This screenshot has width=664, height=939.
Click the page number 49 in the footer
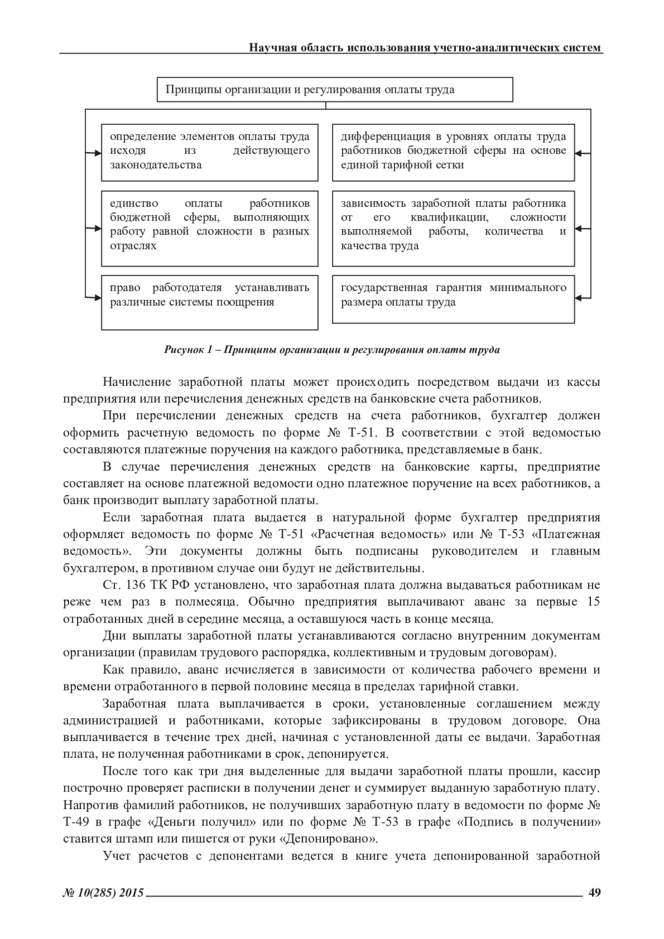click(595, 893)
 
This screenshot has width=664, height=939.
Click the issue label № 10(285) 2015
click(103, 893)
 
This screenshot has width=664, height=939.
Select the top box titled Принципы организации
click(335, 90)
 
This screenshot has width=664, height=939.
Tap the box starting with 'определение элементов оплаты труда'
click(210, 152)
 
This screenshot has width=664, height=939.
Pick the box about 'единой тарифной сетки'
click(453, 152)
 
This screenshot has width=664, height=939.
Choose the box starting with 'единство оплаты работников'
click(210, 228)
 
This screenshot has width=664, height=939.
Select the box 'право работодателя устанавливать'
click(210, 302)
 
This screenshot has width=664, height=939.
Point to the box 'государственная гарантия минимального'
click(453, 299)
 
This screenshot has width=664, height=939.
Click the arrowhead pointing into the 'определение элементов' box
click(97, 151)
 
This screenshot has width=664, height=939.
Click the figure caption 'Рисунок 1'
click(332, 350)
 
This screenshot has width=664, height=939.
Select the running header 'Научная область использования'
click(425, 48)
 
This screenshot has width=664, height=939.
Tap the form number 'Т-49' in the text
click(75, 822)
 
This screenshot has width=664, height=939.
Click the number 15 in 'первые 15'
click(593, 602)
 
